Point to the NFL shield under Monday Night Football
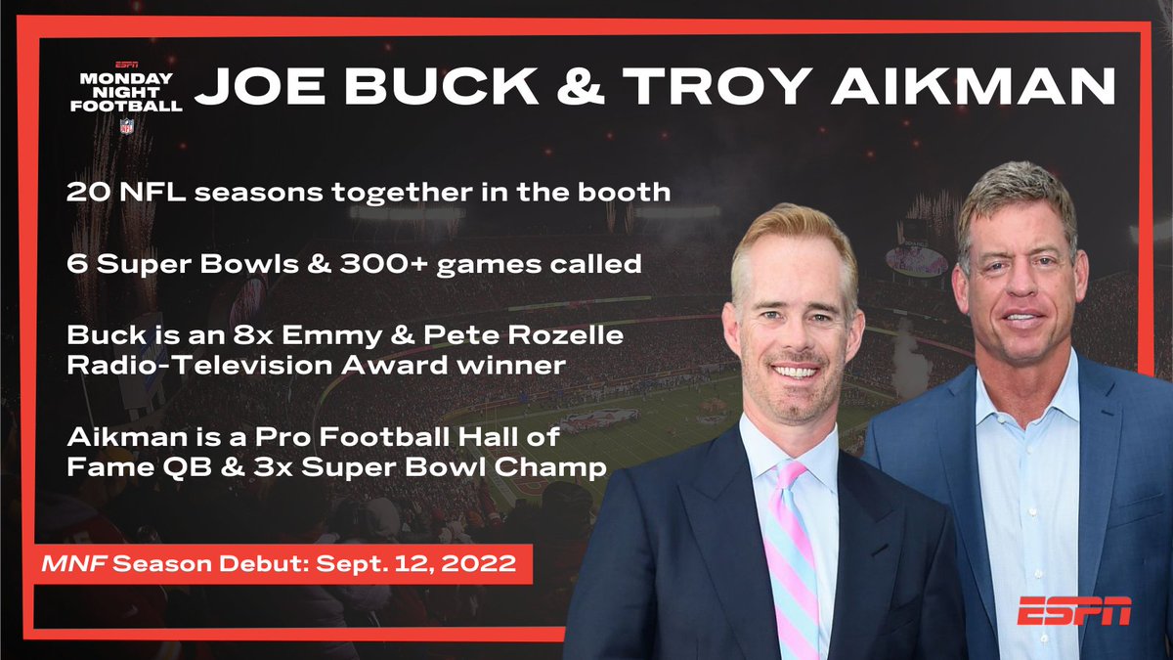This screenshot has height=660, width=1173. (127, 125)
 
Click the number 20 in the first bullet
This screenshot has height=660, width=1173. (85, 192)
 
